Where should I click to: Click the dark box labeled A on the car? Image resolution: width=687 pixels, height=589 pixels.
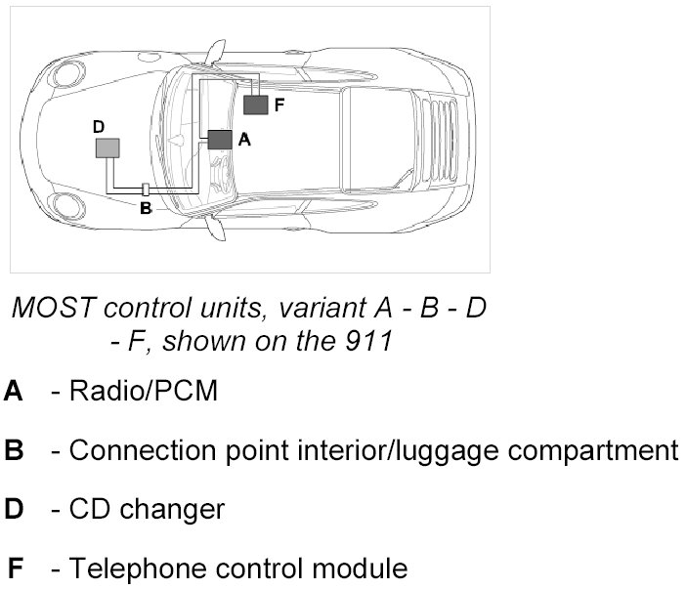[220, 140]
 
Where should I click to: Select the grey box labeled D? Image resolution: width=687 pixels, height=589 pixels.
[107, 147]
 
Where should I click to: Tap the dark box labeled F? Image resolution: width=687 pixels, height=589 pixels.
[256, 104]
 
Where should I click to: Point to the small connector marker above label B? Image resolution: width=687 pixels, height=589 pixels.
[145, 189]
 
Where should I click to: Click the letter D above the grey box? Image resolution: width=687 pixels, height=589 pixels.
[98, 127]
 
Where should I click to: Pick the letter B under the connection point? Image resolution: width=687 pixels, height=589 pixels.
[146, 207]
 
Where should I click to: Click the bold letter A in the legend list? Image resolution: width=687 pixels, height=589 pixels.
[14, 393]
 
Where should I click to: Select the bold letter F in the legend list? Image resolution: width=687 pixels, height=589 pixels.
[15, 568]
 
